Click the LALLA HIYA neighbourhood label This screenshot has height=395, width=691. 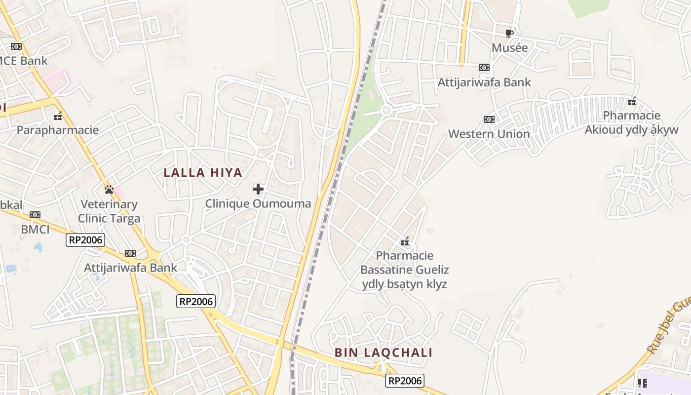[203, 173]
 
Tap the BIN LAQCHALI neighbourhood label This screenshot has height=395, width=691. [384, 353]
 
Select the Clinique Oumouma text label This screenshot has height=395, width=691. [258, 203]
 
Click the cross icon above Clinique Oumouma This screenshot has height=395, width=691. [258, 189]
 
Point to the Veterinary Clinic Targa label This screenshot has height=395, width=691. [109, 211]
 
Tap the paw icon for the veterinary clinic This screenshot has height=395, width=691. [109, 190]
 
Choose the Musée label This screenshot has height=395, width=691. [510, 48]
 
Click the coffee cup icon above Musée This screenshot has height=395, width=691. [509, 34]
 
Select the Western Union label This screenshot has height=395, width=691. [489, 134]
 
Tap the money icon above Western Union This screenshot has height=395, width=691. [489, 119]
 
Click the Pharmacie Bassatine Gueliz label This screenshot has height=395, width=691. [405, 270]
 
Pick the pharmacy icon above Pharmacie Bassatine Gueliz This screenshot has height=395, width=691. [405, 241]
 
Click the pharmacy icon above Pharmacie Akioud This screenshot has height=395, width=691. [632, 102]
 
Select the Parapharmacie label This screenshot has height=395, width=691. [58, 130]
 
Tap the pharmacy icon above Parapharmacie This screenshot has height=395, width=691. [58, 116]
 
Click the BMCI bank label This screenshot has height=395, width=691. [35, 229]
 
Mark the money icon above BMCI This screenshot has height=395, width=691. [35, 215]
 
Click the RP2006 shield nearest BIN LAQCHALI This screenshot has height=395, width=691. [405, 381]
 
